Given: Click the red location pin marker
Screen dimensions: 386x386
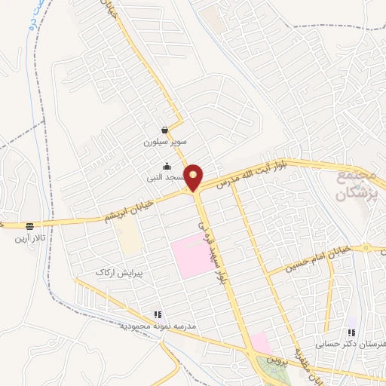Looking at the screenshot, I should point(194,177).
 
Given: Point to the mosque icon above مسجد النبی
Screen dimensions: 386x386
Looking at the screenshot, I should point(167,167).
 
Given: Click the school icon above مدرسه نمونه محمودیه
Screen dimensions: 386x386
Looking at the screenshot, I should point(157,315).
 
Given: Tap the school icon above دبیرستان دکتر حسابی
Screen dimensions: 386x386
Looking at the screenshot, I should point(351,332).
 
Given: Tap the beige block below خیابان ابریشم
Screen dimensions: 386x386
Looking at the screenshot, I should point(130,240).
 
